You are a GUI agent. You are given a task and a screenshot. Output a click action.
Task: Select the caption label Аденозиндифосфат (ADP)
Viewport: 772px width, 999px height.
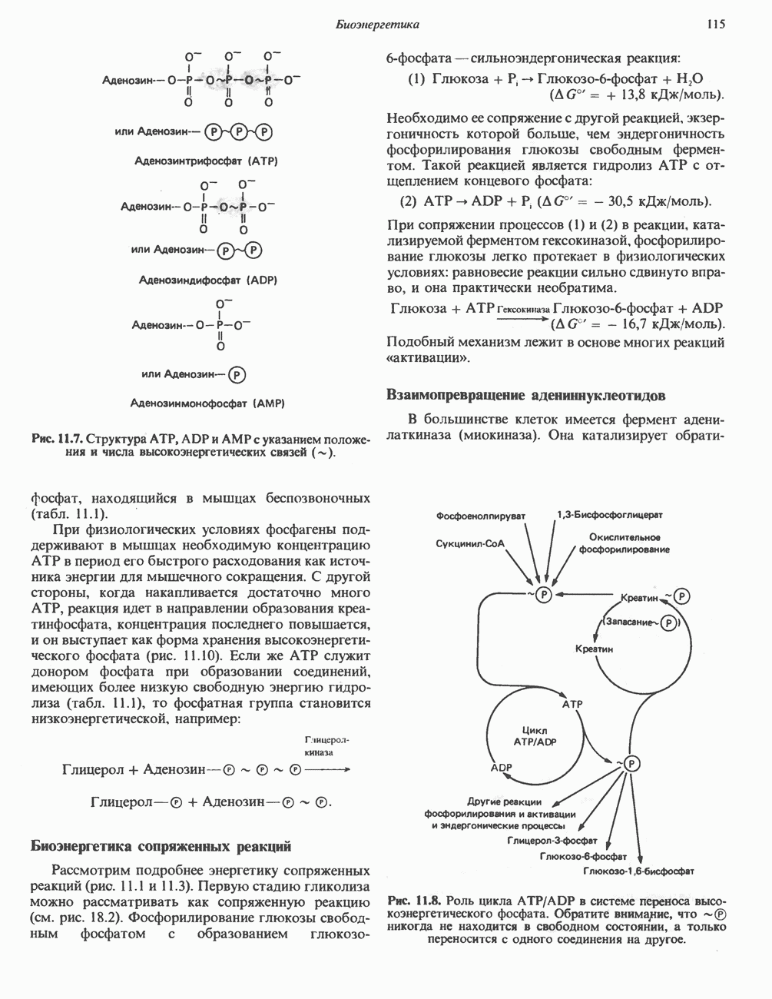point(207,280)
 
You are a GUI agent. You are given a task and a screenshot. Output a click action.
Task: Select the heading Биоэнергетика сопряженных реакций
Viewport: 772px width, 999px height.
point(161,847)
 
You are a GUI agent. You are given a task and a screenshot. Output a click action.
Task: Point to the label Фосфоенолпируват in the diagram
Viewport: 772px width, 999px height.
point(480,516)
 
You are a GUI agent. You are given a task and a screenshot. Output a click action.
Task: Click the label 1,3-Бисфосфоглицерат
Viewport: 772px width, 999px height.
point(610,514)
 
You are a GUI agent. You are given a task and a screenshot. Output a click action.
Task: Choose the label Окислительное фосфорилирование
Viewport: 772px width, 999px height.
point(625,543)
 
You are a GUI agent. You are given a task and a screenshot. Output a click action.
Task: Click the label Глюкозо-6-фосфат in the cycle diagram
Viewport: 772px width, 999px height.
point(584,856)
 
